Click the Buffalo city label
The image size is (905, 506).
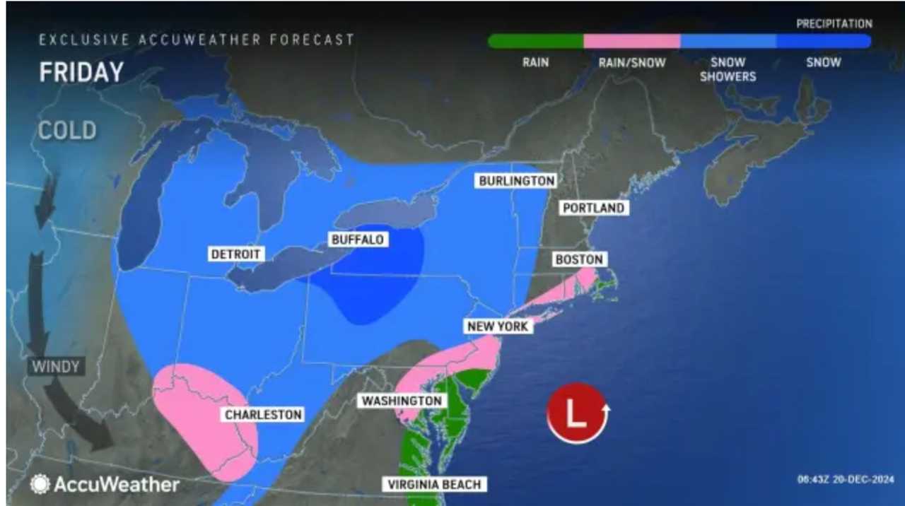(x=357, y=240)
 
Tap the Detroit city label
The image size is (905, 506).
(x=236, y=254)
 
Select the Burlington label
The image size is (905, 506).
(x=517, y=181)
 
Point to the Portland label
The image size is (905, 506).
(x=592, y=208)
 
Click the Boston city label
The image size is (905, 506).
(x=579, y=259)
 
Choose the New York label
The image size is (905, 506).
(x=497, y=326)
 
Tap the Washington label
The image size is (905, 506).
(x=402, y=401)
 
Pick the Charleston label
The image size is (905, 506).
(x=263, y=415)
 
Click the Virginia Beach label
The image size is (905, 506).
(x=434, y=485)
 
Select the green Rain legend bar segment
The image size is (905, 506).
(x=535, y=42)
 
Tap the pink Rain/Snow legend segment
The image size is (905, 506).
(x=631, y=42)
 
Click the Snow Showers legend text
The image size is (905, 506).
(x=728, y=69)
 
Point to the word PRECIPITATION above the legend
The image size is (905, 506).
(x=834, y=24)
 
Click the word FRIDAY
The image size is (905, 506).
(x=81, y=72)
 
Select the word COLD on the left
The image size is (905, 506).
(x=67, y=131)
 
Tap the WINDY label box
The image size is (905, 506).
(x=55, y=367)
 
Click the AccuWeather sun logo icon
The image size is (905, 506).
(x=40, y=484)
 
